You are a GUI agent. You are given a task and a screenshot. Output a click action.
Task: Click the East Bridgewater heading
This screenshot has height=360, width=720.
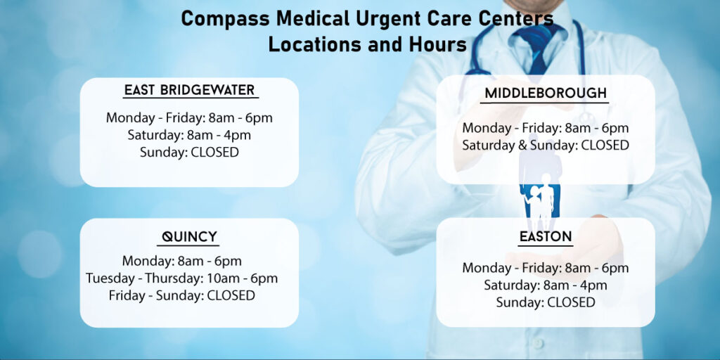(x=190, y=90)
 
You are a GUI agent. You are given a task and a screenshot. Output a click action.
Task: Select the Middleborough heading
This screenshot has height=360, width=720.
(x=545, y=94)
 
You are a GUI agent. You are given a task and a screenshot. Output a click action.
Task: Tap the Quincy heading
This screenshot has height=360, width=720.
(x=189, y=236)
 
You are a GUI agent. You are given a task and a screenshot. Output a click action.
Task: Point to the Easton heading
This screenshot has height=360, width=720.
(x=545, y=237)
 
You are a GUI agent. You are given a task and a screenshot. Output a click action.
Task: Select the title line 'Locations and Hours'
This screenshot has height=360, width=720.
(x=367, y=44)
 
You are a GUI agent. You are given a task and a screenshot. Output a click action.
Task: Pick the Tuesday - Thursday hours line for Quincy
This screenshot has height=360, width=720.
(x=181, y=278)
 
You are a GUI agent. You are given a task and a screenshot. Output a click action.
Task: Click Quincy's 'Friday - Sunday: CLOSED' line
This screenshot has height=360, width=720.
(x=181, y=295)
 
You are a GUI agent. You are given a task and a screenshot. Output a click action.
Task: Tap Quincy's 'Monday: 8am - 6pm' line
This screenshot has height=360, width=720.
(x=181, y=261)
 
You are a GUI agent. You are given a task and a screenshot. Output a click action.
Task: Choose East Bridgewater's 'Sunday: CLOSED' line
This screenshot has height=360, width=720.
(x=189, y=152)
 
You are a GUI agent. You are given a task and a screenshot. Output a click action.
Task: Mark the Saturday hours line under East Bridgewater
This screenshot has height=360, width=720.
(x=189, y=135)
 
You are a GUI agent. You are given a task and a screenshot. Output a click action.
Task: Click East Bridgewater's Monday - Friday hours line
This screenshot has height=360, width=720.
(x=189, y=117)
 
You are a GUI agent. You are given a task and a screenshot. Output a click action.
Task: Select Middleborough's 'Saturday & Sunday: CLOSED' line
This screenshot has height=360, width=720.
(x=545, y=146)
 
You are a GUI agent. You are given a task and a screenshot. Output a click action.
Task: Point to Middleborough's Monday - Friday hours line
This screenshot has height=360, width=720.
(x=545, y=128)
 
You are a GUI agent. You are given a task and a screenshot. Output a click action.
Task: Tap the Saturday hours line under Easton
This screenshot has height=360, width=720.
(x=545, y=285)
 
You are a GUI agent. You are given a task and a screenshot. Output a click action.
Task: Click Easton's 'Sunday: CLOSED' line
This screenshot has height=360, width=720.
(x=545, y=302)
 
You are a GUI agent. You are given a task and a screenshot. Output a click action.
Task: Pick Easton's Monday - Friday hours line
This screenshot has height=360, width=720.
(x=545, y=268)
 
